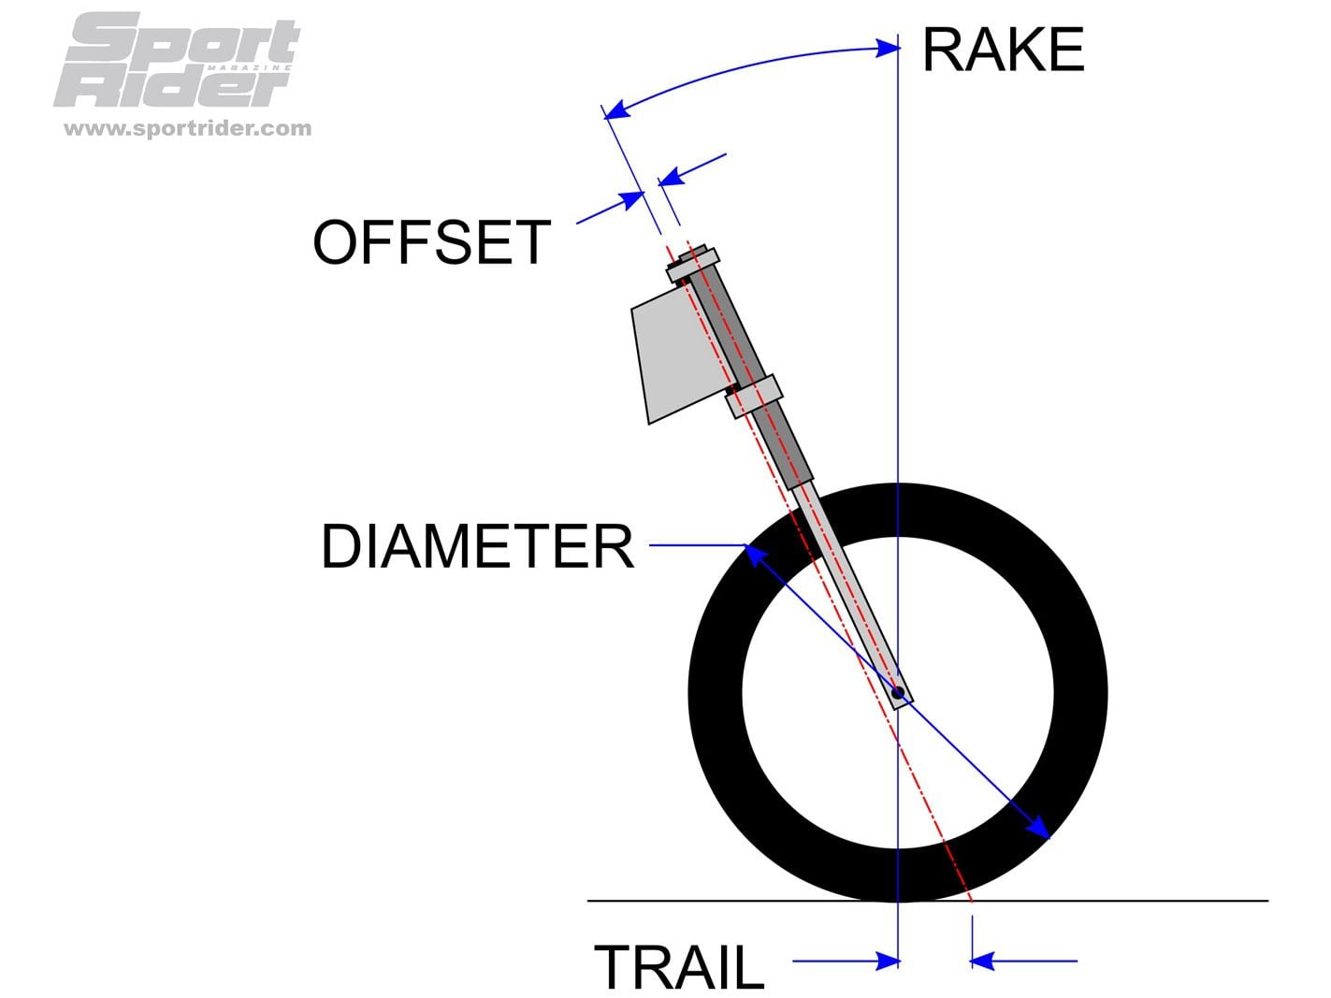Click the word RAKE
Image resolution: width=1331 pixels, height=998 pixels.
(1003, 51)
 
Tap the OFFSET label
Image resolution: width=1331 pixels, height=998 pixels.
(431, 242)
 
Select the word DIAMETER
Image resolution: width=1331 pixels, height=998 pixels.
(477, 546)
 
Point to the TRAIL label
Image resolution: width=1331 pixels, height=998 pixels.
(679, 966)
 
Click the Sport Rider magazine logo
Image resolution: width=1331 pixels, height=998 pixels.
(179, 60)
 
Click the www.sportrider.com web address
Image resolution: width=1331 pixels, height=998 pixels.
(187, 128)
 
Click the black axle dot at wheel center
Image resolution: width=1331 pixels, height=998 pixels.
(897, 693)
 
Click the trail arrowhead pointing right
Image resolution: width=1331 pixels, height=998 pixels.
(888, 961)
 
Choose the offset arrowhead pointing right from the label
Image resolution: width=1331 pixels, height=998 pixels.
(633, 198)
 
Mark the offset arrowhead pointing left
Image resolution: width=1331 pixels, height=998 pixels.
(670, 177)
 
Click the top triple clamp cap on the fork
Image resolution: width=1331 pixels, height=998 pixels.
(693, 263)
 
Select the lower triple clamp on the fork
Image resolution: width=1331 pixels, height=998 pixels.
(753, 396)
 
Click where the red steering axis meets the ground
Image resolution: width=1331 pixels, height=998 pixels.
(972, 901)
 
